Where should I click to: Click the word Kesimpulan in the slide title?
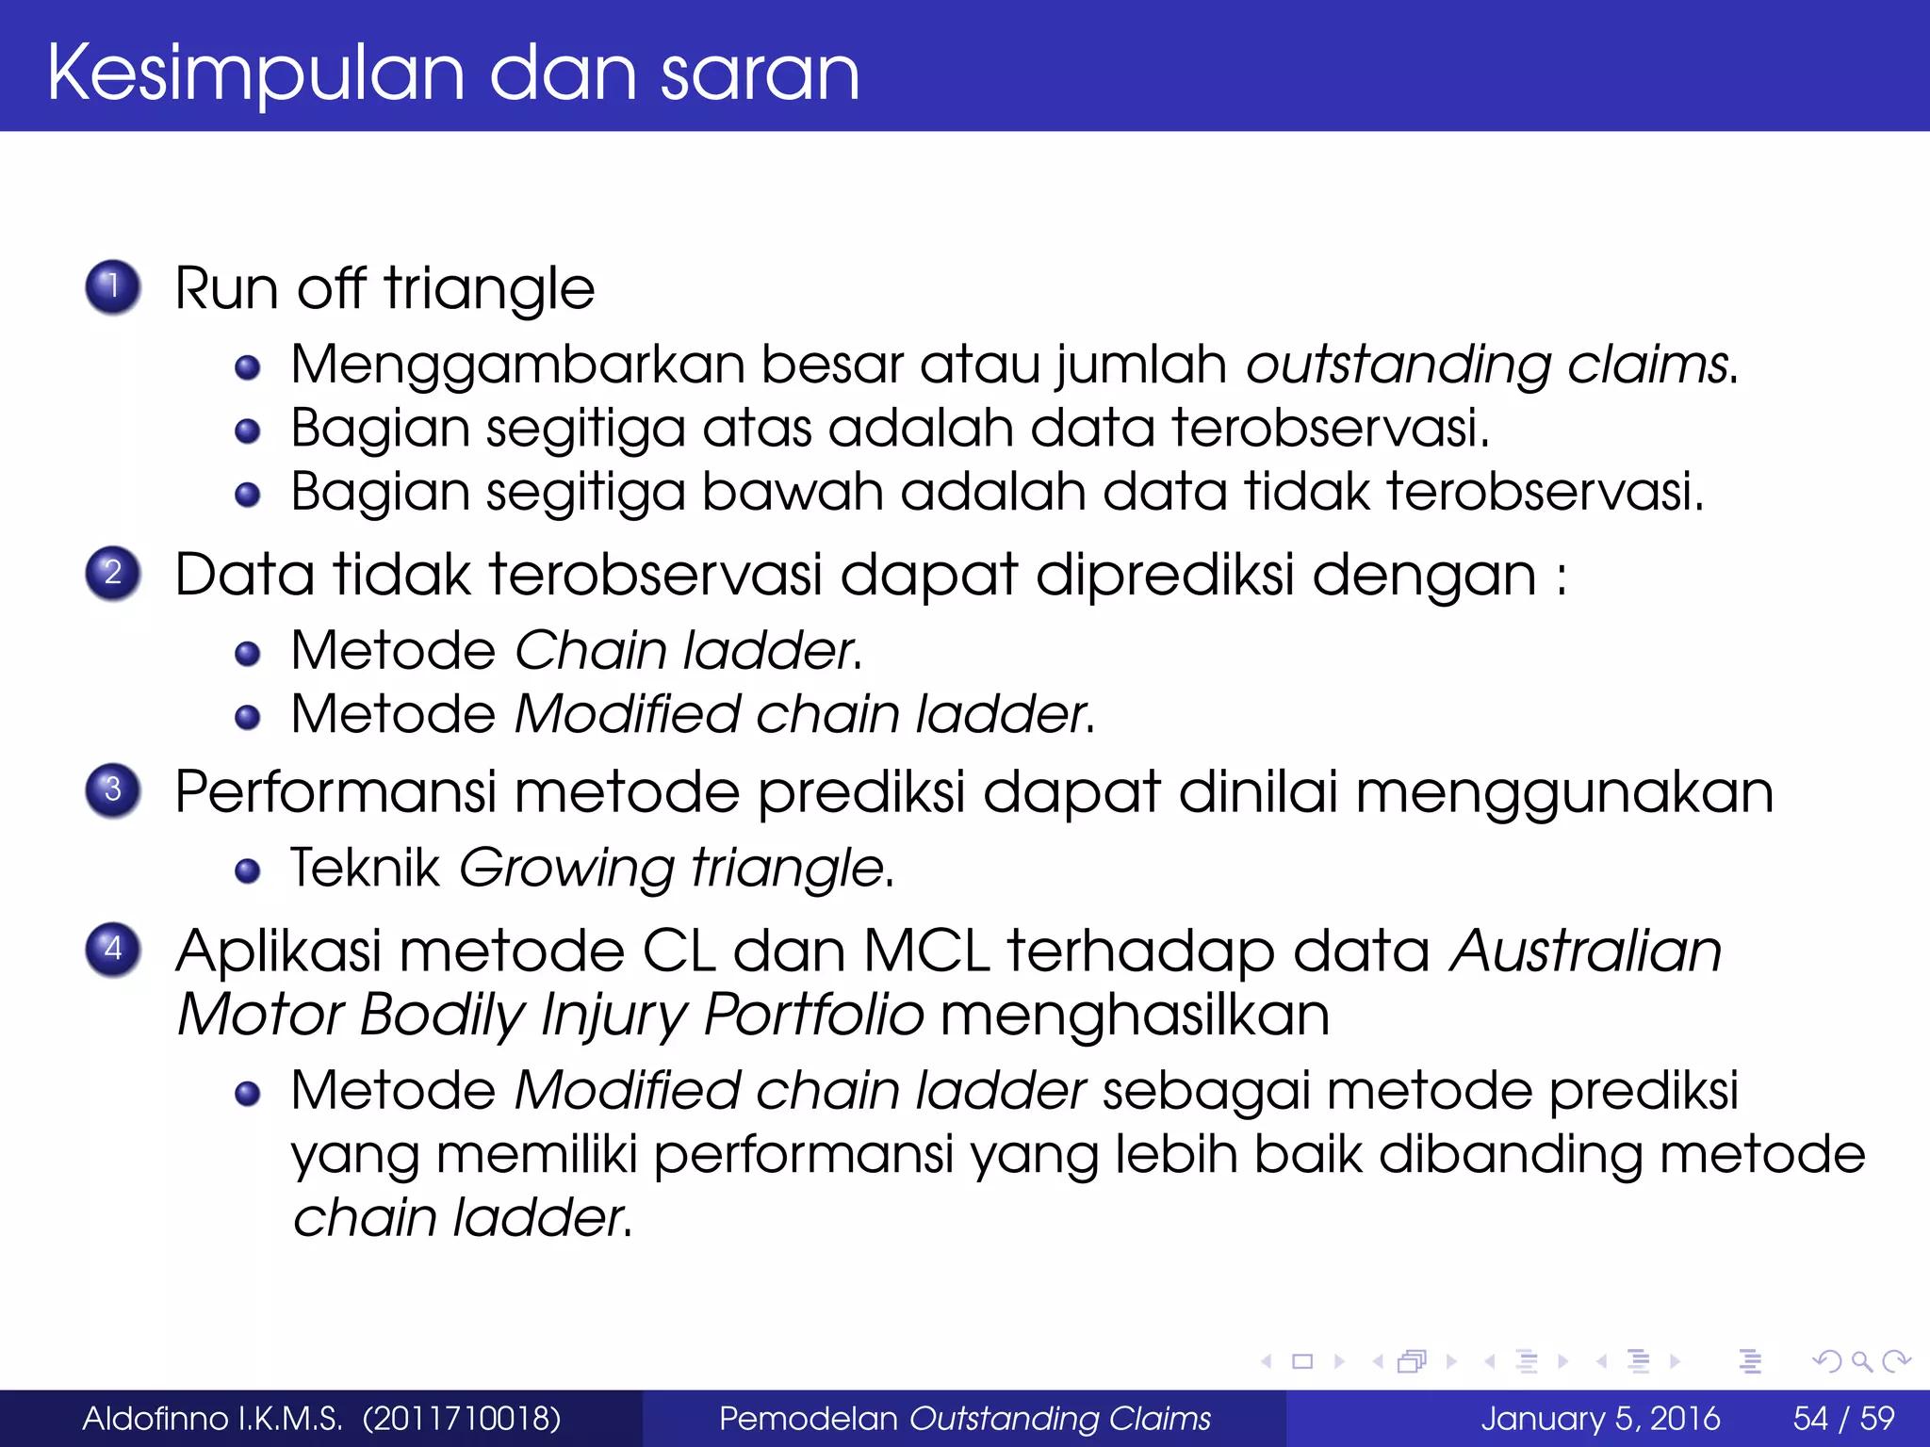pyautogui.click(x=255, y=73)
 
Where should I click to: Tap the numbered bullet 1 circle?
pyautogui.click(x=113, y=286)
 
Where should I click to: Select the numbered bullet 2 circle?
pyautogui.click(x=113, y=573)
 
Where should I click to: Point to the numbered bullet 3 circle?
pyautogui.click(x=113, y=789)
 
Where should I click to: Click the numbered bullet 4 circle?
pyautogui.click(x=113, y=949)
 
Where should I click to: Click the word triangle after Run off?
pyautogui.click(x=489, y=288)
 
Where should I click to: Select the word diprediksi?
pyautogui.click(x=1165, y=575)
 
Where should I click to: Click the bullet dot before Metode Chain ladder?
pyautogui.click(x=248, y=654)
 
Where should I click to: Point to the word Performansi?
pyautogui.click(x=335, y=791)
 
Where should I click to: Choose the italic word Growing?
pyautogui.click(x=566, y=868)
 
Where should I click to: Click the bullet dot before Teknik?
pyautogui.click(x=248, y=871)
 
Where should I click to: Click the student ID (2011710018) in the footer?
pyautogui.click(x=462, y=1419)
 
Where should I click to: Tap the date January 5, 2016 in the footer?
pyautogui.click(x=1600, y=1419)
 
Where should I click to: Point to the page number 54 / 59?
pyautogui.click(x=1843, y=1419)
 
